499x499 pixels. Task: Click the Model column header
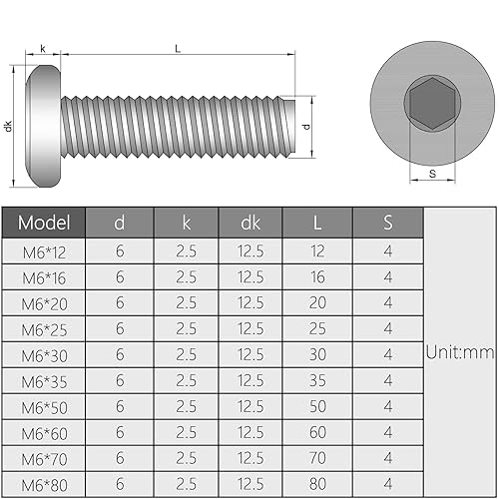click(44, 222)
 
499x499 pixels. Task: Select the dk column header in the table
click(250, 222)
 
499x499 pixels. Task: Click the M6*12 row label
click(44, 250)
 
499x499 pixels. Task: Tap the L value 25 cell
click(318, 328)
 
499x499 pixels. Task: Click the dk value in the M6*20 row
click(250, 302)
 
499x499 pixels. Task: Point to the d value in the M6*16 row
click(120, 276)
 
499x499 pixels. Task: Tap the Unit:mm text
click(460, 351)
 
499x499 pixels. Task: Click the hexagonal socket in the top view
click(428, 104)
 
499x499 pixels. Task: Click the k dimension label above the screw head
click(42, 47)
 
